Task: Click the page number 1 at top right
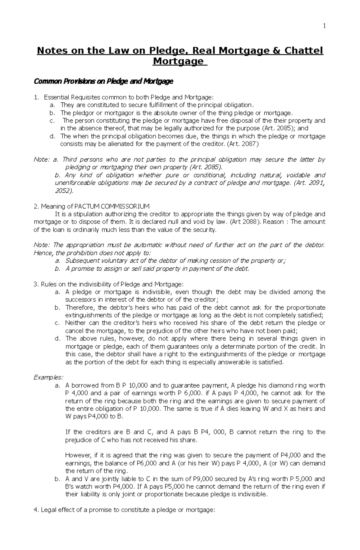click(x=324, y=26)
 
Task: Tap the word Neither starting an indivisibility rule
click(x=75, y=323)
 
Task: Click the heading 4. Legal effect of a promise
click(x=124, y=510)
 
